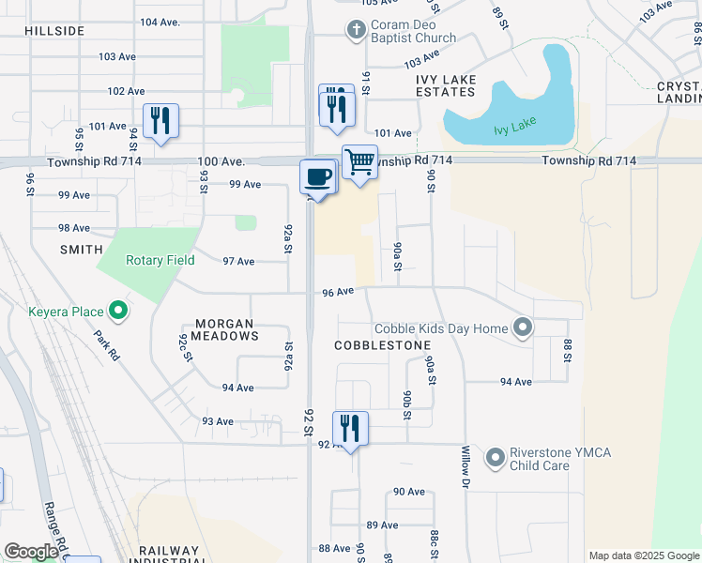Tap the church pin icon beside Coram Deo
pos(356,31)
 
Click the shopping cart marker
pos(359,162)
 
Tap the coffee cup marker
pos(318,176)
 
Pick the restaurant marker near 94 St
pos(160,120)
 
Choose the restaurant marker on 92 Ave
pos(350,428)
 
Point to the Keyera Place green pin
pos(117,309)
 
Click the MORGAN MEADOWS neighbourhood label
pos(224,328)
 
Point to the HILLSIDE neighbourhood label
pos(55,31)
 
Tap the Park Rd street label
pos(107,345)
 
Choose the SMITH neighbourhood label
pos(82,250)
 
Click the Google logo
pos(31,552)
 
